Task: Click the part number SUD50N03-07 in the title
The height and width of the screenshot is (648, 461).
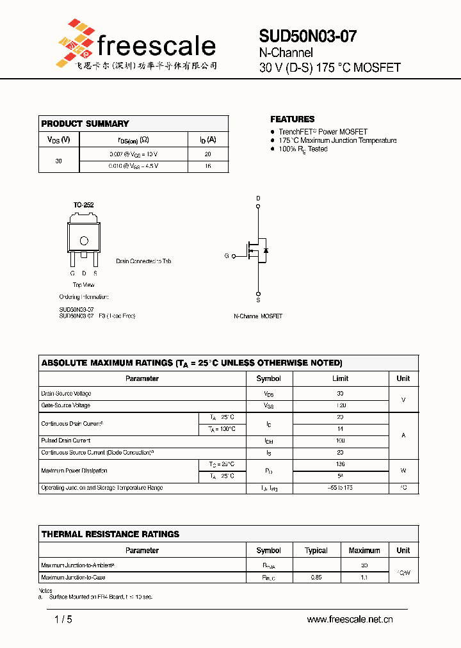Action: (x=307, y=36)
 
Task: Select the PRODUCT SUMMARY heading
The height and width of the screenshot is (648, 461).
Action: (x=85, y=124)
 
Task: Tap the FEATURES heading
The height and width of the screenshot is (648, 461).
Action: (x=292, y=119)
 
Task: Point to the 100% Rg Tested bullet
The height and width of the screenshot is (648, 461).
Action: (x=303, y=149)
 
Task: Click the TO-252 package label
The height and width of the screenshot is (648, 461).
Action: (x=83, y=205)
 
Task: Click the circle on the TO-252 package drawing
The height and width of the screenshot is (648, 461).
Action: (x=83, y=241)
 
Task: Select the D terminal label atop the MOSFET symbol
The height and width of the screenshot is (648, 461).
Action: (x=259, y=198)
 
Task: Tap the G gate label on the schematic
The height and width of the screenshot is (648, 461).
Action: (x=226, y=256)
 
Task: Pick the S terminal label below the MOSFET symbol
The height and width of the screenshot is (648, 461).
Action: (x=259, y=300)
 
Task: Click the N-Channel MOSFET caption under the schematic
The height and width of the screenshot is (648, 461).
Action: (x=257, y=316)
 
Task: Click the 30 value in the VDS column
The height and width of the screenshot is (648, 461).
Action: (x=58, y=161)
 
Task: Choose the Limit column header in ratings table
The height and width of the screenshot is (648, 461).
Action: (x=340, y=378)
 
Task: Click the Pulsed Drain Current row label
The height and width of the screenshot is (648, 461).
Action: (x=66, y=441)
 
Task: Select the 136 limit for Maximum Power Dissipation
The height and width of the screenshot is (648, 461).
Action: (x=340, y=464)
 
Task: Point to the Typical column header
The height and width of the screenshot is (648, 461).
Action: (x=316, y=551)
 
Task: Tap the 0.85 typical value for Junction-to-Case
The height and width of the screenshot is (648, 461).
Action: (x=316, y=578)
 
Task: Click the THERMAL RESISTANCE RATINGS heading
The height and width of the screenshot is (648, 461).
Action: (x=110, y=534)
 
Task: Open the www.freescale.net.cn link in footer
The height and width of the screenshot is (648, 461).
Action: (x=350, y=619)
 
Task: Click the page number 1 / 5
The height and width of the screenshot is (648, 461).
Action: (x=63, y=619)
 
